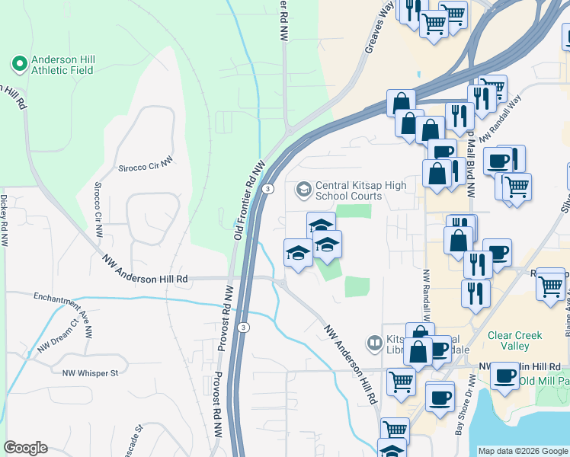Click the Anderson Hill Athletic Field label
click(x=62, y=64)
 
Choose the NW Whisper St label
click(x=91, y=372)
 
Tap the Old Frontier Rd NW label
click(x=248, y=202)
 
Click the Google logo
click(x=26, y=448)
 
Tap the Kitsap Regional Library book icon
click(x=374, y=344)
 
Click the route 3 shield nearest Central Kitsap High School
click(x=268, y=187)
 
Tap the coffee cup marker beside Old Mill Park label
click(x=504, y=376)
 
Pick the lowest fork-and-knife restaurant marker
click(x=476, y=294)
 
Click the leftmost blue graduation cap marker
click(x=298, y=254)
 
